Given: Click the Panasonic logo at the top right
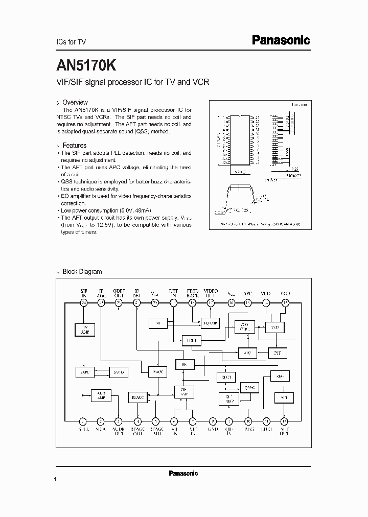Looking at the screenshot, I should point(281,40).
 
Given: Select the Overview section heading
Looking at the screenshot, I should point(75,102).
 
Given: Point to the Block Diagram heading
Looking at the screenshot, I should point(82,272).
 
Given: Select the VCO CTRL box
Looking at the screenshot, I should point(244,327).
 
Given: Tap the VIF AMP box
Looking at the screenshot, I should point(184,391).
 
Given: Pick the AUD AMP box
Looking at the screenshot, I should point(101,395).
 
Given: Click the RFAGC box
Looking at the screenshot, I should point(137,397).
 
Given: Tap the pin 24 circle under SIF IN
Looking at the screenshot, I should point(83,303).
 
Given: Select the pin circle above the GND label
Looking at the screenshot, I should point(212,421).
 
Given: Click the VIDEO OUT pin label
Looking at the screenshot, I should point(210,293).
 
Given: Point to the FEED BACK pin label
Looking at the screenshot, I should point(193,293).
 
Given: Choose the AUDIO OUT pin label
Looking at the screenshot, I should point(119,432).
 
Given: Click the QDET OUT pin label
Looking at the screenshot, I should point(119,293).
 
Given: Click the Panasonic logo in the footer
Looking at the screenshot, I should point(183,474).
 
